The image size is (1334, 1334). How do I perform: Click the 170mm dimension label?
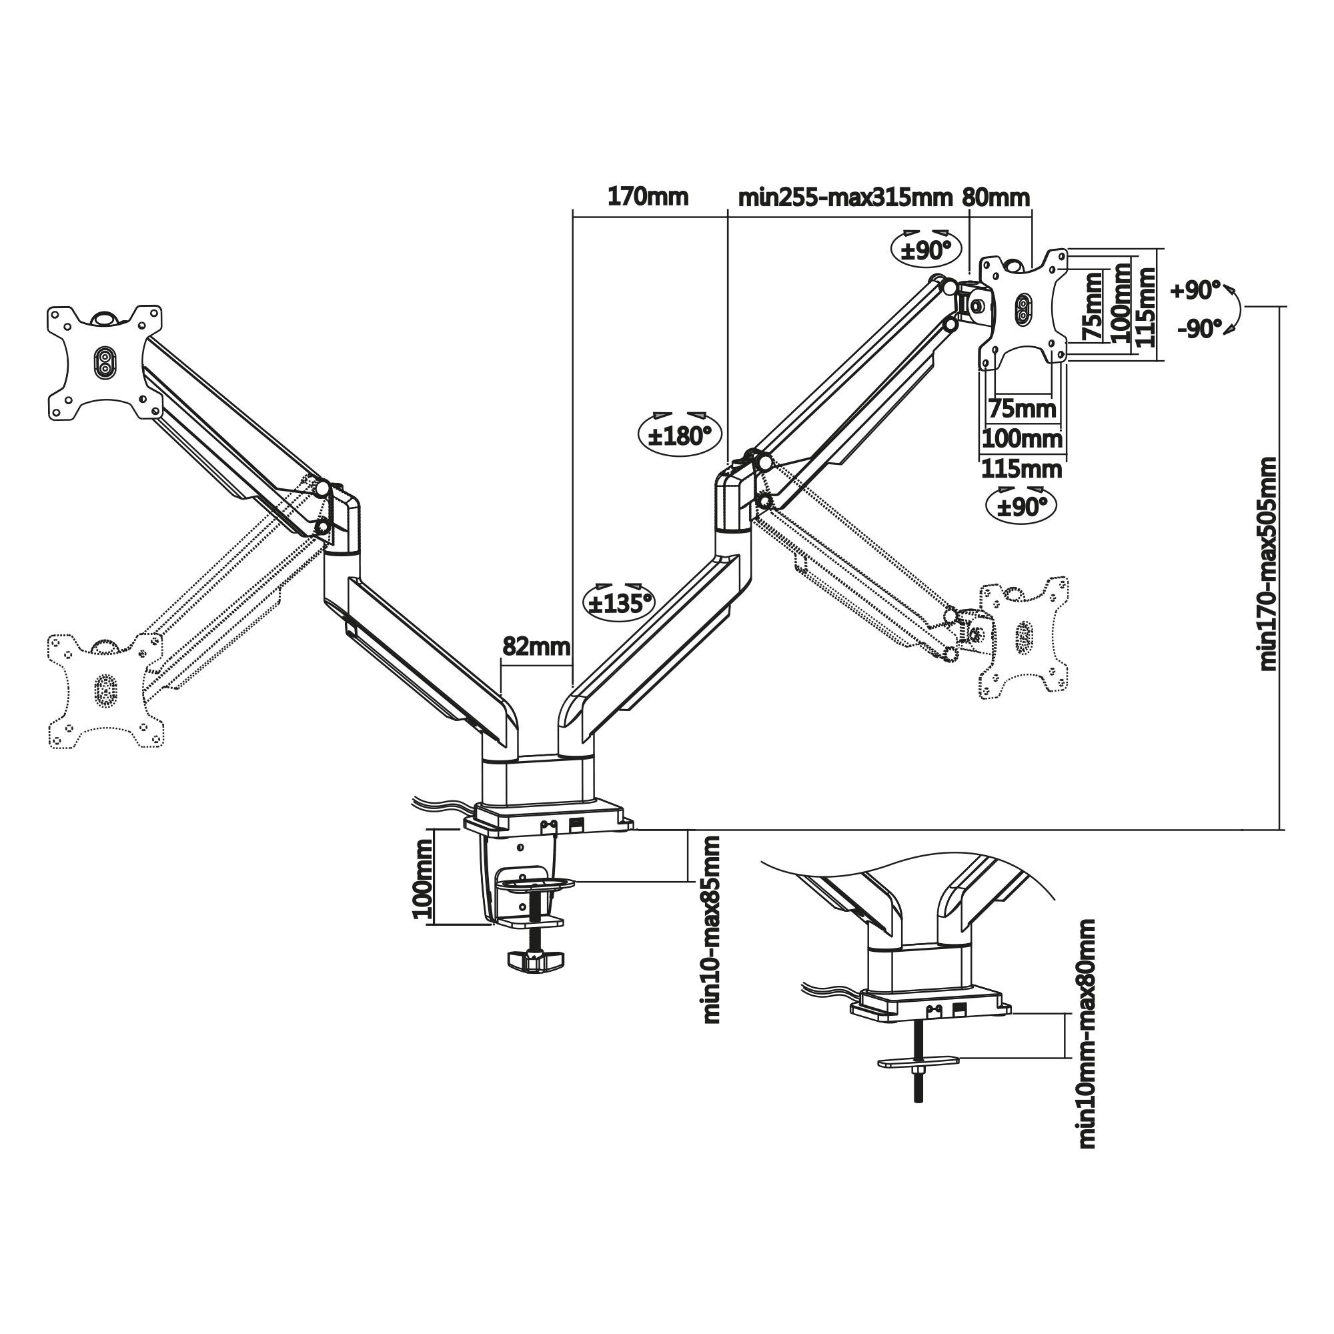pyautogui.click(x=647, y=197)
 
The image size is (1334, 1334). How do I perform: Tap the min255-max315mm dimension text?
pyautogui.click(x=845, y=198)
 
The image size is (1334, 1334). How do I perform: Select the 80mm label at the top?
pyautogui.click(x=995, y=198)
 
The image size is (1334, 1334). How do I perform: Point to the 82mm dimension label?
pyautogui.click(x=536, y=647)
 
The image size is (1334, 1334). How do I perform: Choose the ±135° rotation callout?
pyautogui.click(x=620, y=604)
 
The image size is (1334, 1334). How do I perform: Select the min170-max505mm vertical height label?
pyautogui.click(x=1268, y=564)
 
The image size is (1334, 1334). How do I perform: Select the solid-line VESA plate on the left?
pyautogui.click(x=105, y=362)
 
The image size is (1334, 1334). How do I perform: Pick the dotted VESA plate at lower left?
pyautogui.click(x=105, y=690)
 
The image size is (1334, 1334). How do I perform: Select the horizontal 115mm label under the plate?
pyautogui.click(x=1021, y=470)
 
